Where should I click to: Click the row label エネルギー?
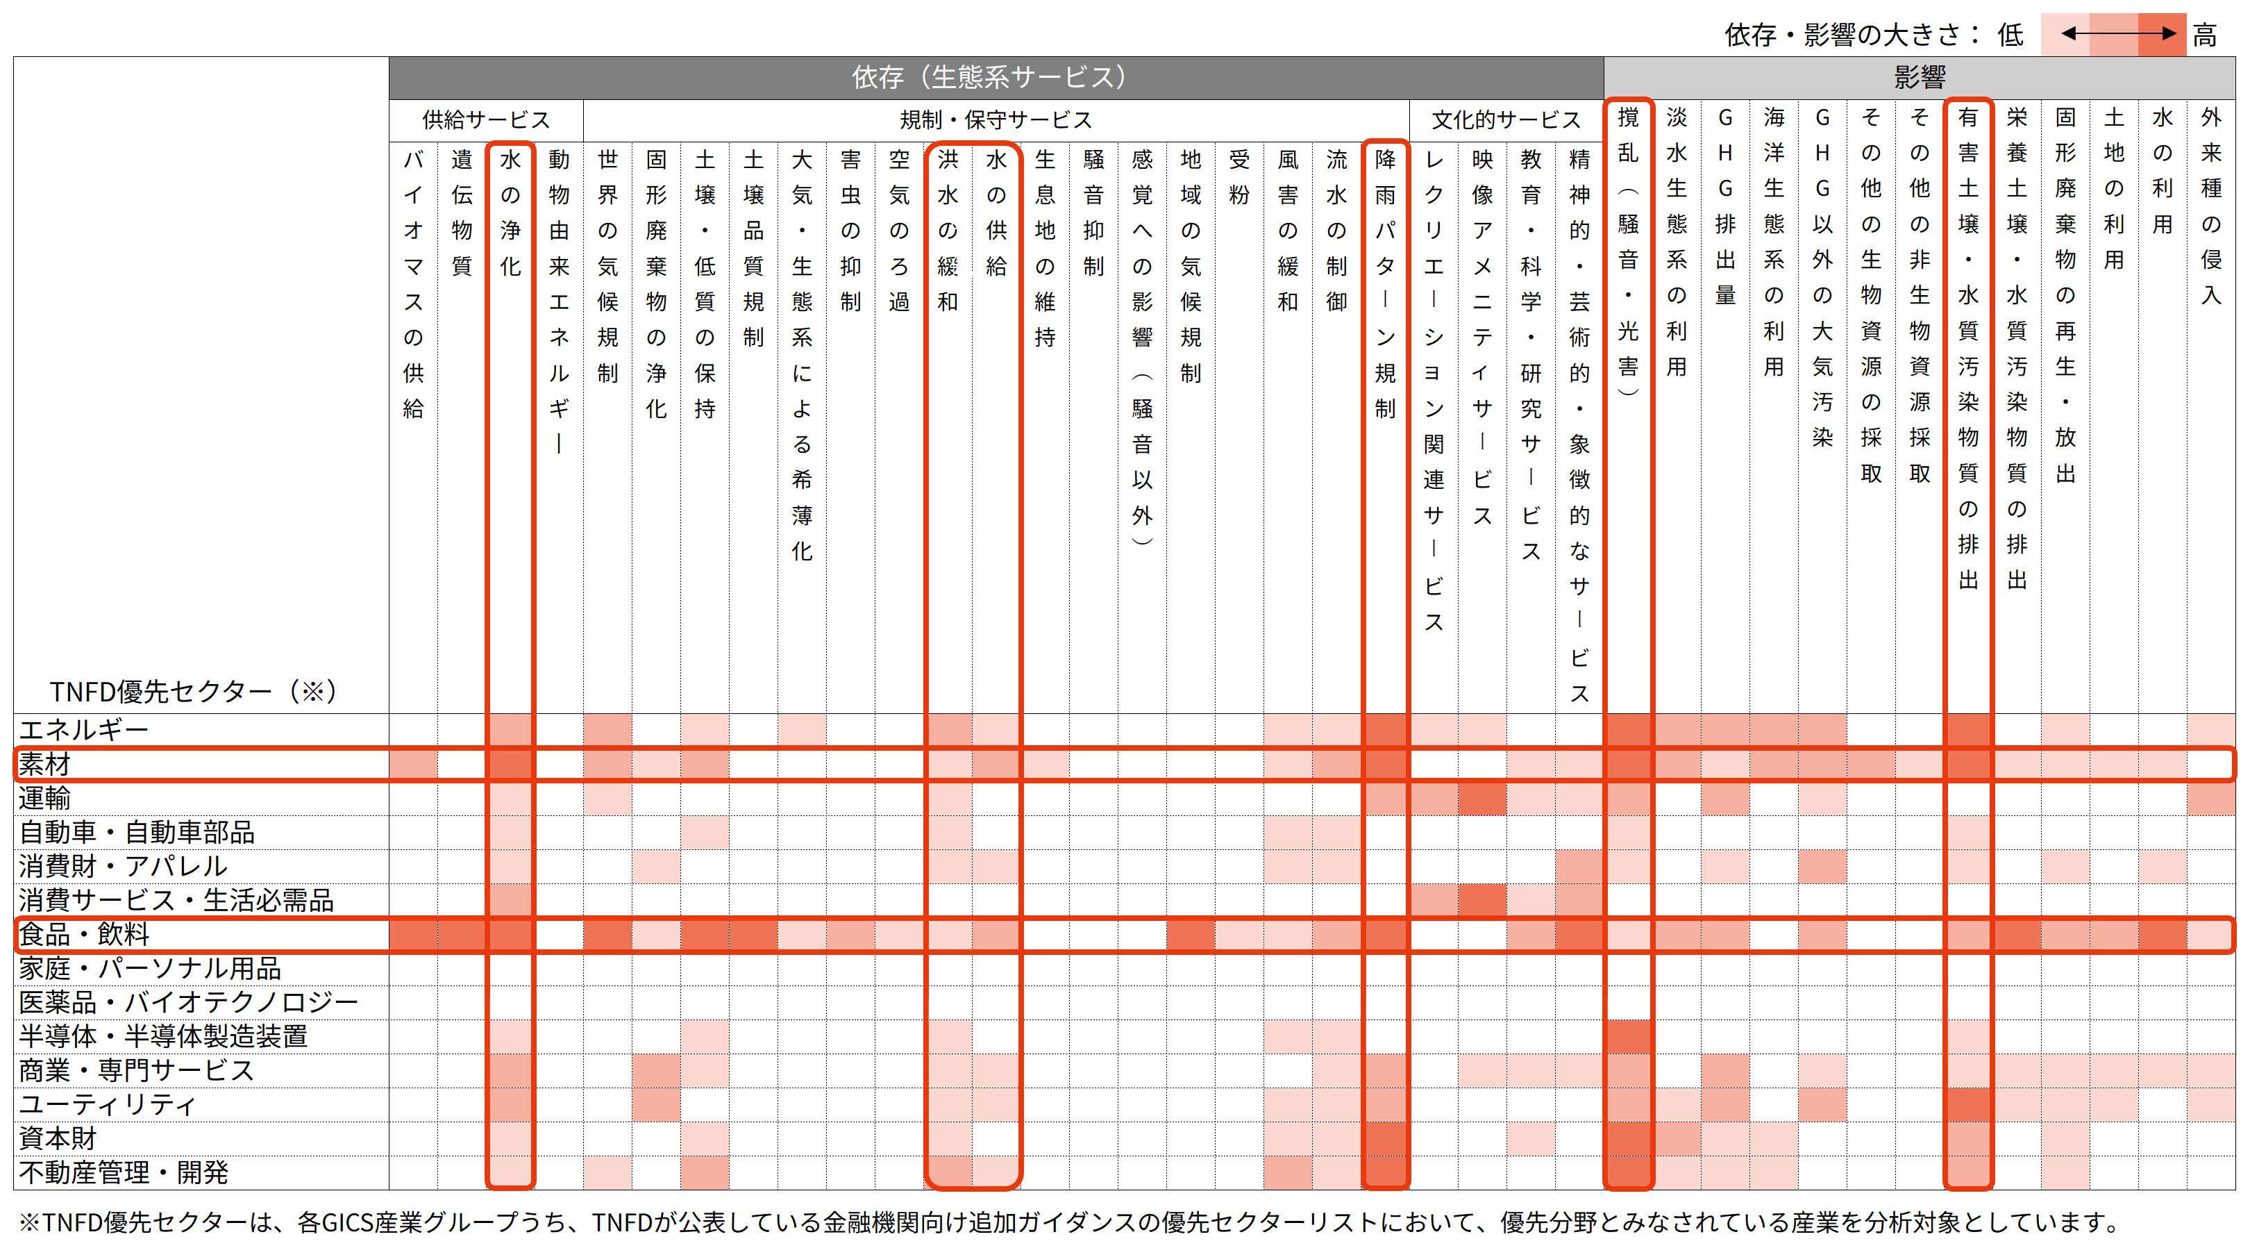[84, 729]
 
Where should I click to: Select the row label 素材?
[44, 764]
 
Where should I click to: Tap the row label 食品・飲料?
[84, 934]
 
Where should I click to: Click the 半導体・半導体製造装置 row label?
[163, 1035]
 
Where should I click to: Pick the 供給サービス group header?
[486, 119]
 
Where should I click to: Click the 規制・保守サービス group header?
[996, 119]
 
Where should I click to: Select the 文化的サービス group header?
[1506, 119]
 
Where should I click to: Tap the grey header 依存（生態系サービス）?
[996, 77]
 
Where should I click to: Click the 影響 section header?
[1919, 77]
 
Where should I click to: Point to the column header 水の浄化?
[510, 213]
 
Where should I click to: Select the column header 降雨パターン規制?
[1385, 283]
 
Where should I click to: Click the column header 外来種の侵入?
[2210, 206]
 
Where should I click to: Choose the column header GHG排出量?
[1725, 206]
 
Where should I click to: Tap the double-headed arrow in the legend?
[2118, 34]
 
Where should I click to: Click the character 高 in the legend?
[2205, 35]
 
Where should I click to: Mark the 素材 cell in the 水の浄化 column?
[510, 764]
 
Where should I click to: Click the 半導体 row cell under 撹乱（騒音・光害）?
[1628, 1035]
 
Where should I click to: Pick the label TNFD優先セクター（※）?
[193, 691]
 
